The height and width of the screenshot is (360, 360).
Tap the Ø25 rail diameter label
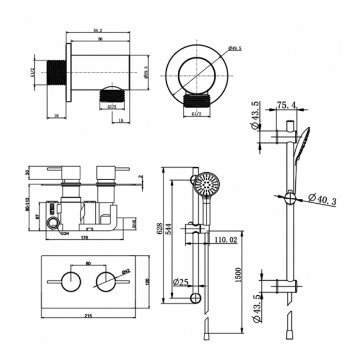181,282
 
